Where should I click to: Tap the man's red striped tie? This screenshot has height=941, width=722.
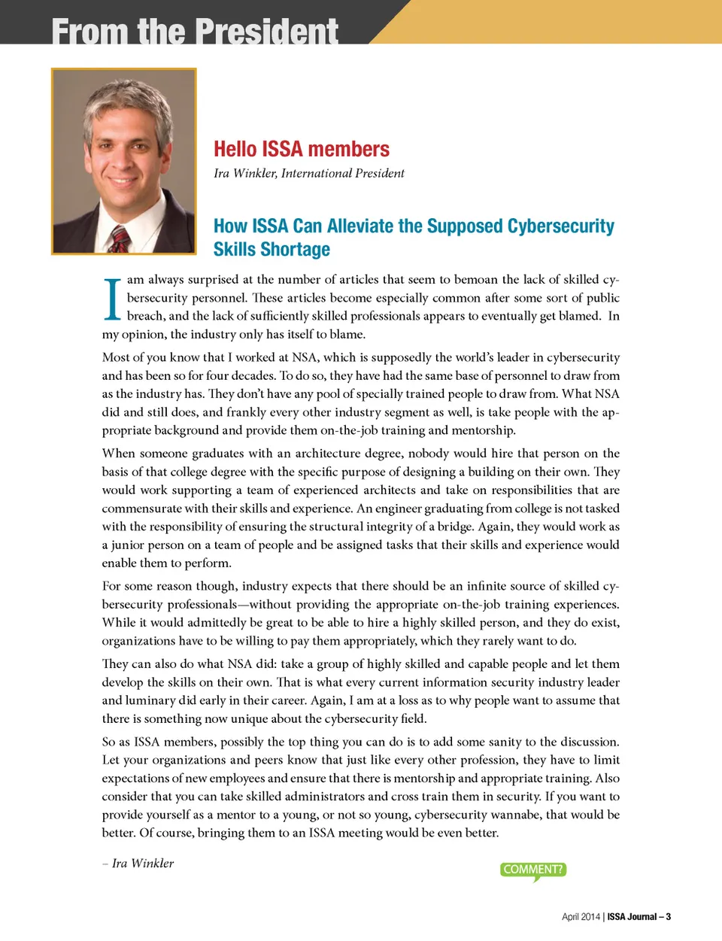coord(120,239)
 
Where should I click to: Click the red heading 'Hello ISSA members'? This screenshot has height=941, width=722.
coord(302,149)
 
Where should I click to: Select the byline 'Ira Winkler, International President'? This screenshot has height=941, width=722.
coord(308,173)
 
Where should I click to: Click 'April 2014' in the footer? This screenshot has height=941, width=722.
coord(581,916)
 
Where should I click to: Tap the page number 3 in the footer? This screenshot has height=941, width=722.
coord(668,916)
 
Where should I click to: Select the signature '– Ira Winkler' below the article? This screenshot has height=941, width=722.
coord(138,863)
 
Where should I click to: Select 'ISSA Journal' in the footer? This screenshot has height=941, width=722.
coord(632,916)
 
